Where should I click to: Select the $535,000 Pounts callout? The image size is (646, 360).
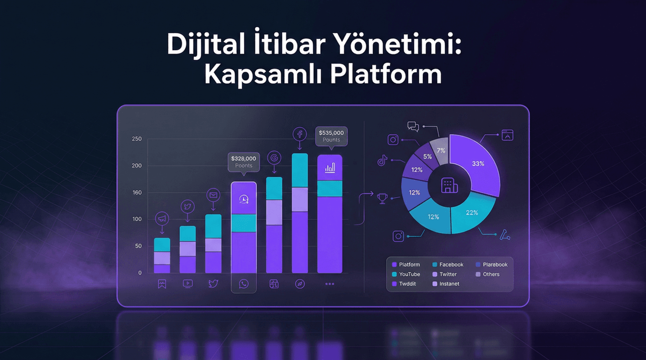[331, 136]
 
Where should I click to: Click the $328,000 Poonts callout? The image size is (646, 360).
[244, 162]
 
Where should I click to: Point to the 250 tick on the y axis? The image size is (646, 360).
[137, 139]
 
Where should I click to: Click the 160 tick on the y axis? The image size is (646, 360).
[137, 192]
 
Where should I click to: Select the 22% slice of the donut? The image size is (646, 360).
[472, 213]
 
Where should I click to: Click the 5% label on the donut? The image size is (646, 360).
[427, 156]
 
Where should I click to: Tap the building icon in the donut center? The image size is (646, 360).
[449, 185]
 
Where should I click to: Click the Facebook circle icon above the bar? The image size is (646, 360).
[299, 134]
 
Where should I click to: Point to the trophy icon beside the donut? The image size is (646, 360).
[382, 198]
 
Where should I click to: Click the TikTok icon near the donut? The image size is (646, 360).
[382, 160]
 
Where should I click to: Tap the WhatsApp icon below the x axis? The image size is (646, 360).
[244, 284]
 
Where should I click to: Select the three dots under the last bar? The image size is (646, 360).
[330, 284]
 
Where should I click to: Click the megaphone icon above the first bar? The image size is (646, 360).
[162, 219]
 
